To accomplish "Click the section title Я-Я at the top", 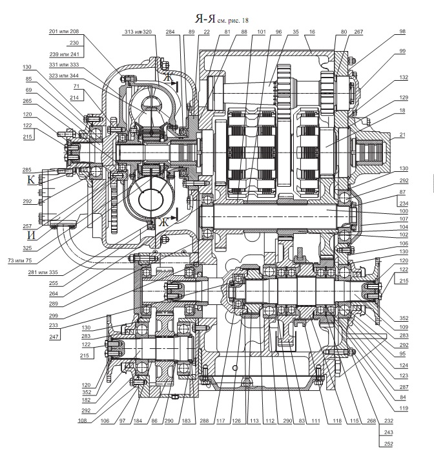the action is click(205, 19).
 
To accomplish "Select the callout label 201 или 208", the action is click(64, 32).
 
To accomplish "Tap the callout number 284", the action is click(170, 32).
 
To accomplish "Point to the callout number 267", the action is click(358, 32).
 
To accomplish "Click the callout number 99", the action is click(402, 51).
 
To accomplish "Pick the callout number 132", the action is click(404, 77).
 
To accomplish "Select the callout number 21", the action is click(402, 134).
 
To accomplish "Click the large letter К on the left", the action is click(31, 180).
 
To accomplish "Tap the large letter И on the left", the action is click(31, 235).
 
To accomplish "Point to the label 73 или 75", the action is click(20, 260).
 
